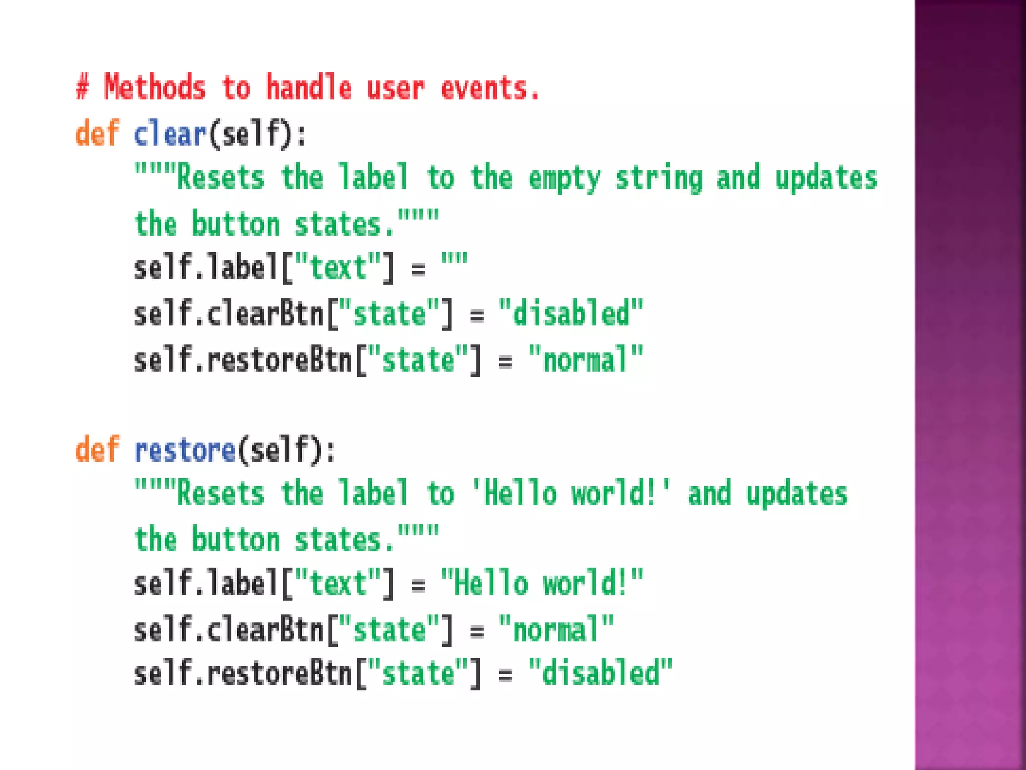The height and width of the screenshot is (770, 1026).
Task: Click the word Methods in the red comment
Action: tap(155, 88)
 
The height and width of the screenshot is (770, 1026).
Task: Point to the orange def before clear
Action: tap(97, 134)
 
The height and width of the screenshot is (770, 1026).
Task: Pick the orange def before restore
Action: tap(97, 449)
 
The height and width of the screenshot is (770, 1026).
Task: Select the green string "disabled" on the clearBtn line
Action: tap(571, 314)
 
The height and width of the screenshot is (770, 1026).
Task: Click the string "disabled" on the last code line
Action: tap(600, 673)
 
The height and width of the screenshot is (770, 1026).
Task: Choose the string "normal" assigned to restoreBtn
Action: tap(586, 359)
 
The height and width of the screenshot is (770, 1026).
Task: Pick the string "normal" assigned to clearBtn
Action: tap(556, 629)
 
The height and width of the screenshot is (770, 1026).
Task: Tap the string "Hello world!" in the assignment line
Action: tap(542, 584)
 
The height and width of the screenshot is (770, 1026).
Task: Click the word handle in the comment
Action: tap(309, 88)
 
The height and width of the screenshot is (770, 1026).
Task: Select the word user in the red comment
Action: tap(396, 89)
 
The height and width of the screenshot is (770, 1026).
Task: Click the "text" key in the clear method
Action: tap(338, 267)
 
